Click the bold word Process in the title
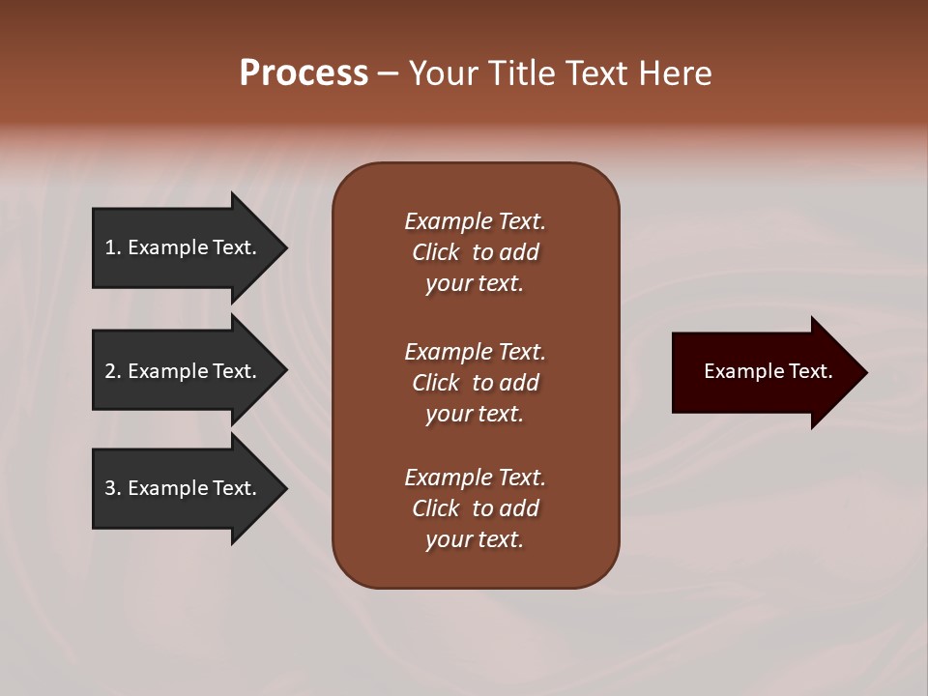(304, 73)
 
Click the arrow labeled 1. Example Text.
(182, 247)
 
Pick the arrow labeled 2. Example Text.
(182, 371)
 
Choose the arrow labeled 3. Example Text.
(182, 488)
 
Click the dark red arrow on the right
(764, 371)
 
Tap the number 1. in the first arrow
(113, 247)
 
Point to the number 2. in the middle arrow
(113, 371)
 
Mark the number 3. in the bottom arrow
(113, 488)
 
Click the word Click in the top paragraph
(436, 252)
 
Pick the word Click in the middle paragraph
(436, 383)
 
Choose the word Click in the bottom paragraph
(436, 508)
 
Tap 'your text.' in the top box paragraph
(475, 283)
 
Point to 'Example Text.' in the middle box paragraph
(475, 351)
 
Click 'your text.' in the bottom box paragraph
(475, 539)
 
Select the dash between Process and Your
(389, 74)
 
